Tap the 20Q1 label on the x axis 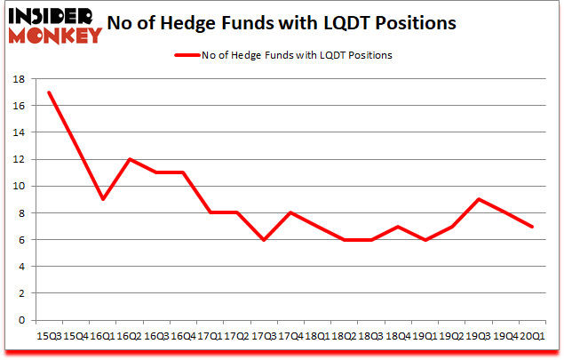[531, 335]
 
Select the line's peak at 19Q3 [479, 199]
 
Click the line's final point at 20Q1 [531, 226]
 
